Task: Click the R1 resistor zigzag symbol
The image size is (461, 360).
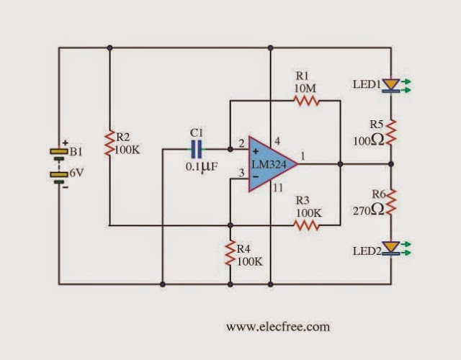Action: pyautogui.click(x=306, y=101)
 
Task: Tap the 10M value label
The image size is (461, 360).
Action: pyautogui.click(x=305, y=88)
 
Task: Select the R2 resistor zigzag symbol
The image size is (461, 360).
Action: pyautogui.click(x=109, y=143)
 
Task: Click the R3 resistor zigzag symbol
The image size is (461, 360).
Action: pyautogui.click(x=306, y=225)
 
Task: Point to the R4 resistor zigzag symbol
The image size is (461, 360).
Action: pyautogui.click(x=230, y=253)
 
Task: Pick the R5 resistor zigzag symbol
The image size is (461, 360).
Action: pyautogui.click(x=391, y=132)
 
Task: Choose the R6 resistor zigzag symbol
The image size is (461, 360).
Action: pyautogui.click(x=391, y=202)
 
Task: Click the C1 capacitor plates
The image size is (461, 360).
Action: pyautogui.click(x=196, y=149)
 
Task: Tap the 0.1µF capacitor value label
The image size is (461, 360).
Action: pyautogui.click(x=202, y=167)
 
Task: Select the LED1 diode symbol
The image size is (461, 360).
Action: pyautogui.click(x=391, y=86)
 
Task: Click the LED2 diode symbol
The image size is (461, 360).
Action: pyautogui.click(x=391, y=248)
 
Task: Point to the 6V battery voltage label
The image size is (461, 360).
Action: pyautogui.click(x=76, y=173)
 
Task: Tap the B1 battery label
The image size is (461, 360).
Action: pyautogui.click(x=76, y=152)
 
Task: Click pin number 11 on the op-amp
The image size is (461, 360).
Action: pyautogui.click(x=277, y=188)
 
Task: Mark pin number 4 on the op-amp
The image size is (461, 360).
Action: pyautogui.click(x=277, y=142)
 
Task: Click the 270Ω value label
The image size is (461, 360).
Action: pyautogui.click(x=368, y=210)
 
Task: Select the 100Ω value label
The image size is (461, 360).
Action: pyautogui.click(x=368, y=140)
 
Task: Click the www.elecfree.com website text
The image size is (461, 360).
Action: pyautogui.click(x=278, y=327)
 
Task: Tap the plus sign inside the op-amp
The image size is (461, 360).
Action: pyautogui.click(x=256, y=152)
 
